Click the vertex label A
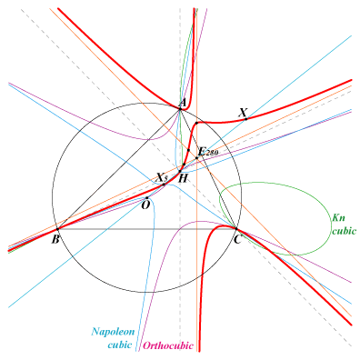(x=183, y=104)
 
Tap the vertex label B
(x=55, y=239)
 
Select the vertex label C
(x=237, y=240)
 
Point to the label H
(x=183, y=178)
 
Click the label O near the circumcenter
(x=145, y=205)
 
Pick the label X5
(x=162, y=177)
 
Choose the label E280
(x=208, y=152)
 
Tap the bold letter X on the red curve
(x=243, y=113)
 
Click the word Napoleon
(x=113, y=331)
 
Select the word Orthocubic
(x=168, y=345)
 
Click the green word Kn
(x=339, y=217)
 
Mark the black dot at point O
(x=147, y=198)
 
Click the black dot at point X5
(x=164, y=185)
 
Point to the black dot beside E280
(x=196, y=158)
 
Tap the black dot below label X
(x=245, y=119)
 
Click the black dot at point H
(x=180, y=172)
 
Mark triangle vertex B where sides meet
(x=57, y=229)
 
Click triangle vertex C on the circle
(x=235, y=228)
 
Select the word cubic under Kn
(x=344, y=231)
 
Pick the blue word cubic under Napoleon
(x=120, y=345)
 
